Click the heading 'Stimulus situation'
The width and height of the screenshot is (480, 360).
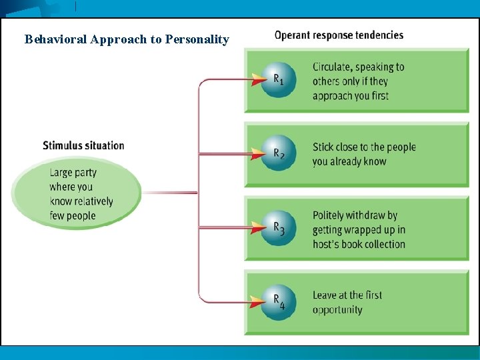pos(83,145)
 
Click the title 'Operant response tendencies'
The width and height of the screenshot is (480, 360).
pos(339,35)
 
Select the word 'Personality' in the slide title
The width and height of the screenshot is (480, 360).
pos(197,39)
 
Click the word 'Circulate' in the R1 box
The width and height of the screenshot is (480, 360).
pos(333,67)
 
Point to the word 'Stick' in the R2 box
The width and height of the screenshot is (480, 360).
pos(324,147)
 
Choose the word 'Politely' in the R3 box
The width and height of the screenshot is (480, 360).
pos(331,215)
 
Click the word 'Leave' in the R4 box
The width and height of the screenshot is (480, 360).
pos(326,295)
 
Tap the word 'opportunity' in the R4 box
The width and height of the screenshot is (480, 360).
pos(337,310)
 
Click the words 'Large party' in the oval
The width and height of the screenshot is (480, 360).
pos(73,173)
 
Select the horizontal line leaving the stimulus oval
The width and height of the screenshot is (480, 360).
pos(169,193)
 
